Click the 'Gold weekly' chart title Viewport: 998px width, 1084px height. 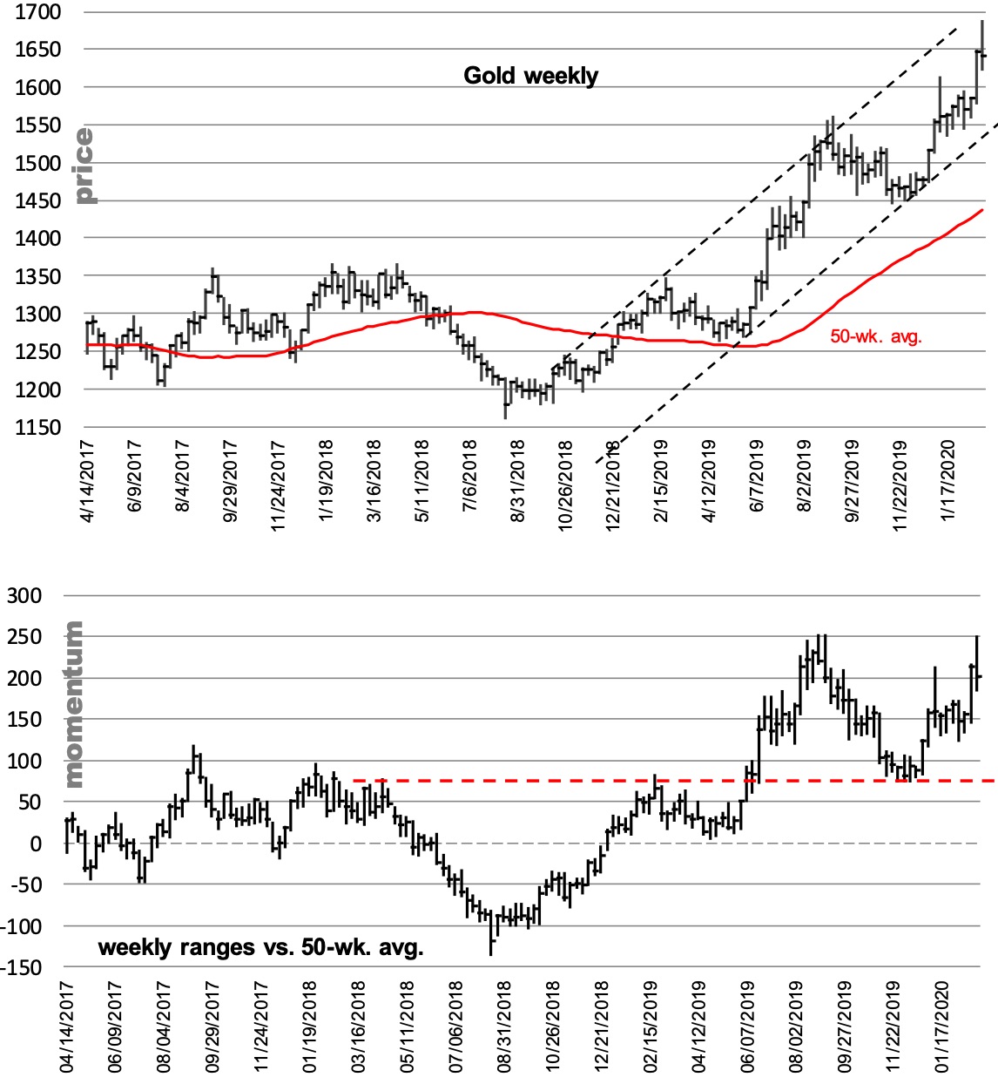[x=530, y=76]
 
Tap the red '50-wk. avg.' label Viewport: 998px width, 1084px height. [x=875, y=336]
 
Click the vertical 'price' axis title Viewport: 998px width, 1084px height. [x=84, y=166]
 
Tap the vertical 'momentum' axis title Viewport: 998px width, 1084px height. [x=74, y=704]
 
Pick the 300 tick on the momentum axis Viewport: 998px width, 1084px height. [x=24, y=596]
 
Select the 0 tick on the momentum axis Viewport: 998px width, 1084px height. [x=35, y=844]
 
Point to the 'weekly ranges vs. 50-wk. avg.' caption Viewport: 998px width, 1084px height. [x=260, y=947]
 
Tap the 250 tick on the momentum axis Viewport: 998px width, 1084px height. [x=24, y=637]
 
